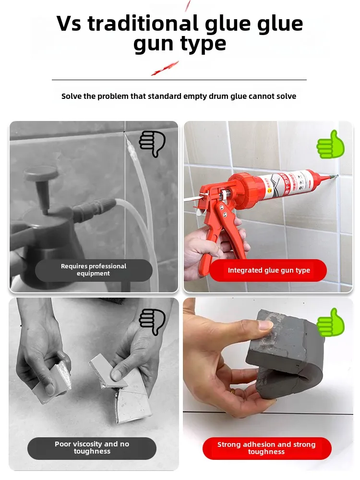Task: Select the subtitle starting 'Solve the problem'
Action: coord(179,96)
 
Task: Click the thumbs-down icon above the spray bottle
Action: coord(152,143)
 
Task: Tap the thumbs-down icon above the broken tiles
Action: coord(152,321)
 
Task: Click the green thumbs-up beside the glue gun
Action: coord(331,144)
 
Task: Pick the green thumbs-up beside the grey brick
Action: coord(331,323)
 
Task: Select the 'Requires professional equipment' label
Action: coord(94,270)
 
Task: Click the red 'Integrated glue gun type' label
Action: coord(268,270)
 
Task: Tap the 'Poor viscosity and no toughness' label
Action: coord(92,448)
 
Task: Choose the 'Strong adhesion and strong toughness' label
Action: coord(266,448)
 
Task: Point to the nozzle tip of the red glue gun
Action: coord(335,176)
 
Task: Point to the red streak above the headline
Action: coord(187,5)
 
